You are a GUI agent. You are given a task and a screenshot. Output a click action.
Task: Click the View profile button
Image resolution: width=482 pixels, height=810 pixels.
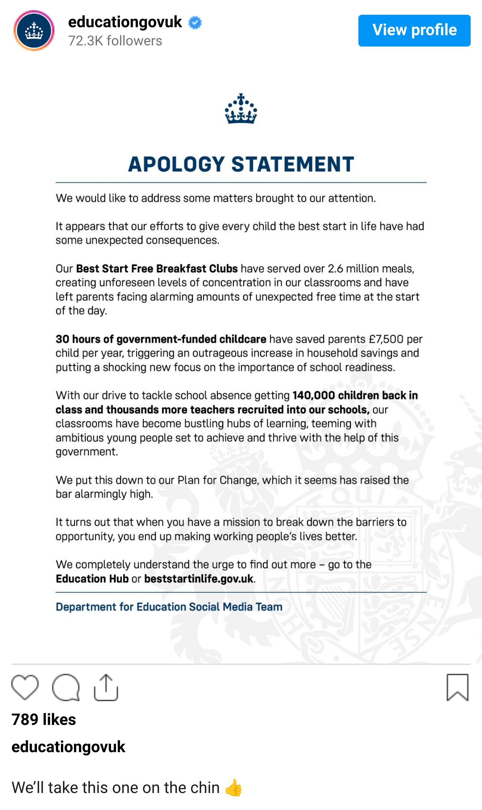pos(414,30)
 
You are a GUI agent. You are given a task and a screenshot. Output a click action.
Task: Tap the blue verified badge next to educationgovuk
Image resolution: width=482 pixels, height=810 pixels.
pos(195,23)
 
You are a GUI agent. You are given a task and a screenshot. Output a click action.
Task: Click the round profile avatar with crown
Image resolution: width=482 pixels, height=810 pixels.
pos(34,31)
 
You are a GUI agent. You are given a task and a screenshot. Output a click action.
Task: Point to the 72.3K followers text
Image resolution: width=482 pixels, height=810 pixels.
pos(115,41)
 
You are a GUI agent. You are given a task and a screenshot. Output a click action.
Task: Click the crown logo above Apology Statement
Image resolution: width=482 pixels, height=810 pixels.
pos(241,109)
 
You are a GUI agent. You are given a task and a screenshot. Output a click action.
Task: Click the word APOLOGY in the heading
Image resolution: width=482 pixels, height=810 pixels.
pos(176,164)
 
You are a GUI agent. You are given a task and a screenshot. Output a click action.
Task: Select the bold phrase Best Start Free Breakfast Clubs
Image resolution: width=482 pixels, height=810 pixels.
pos(157,269)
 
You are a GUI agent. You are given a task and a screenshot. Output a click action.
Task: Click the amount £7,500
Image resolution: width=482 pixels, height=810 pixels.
pos(386,339)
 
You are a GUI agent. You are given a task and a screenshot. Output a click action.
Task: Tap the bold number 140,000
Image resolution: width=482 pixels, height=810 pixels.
pos(313,395)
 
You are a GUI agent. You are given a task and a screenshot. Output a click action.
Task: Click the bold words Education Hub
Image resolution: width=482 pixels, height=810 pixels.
pos(92,579)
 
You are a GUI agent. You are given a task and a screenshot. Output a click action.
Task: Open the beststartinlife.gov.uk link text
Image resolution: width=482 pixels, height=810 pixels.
pos(199,579)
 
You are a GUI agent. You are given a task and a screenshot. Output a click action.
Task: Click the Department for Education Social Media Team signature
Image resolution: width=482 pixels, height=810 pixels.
pos(169,607)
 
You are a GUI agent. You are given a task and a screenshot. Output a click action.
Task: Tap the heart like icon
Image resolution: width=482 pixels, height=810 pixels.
pos(25,687)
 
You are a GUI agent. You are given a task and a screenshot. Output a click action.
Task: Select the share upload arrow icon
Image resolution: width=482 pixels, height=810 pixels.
pos(106,687)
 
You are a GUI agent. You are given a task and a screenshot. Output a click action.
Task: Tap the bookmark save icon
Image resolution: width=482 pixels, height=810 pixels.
pos(457,687)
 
